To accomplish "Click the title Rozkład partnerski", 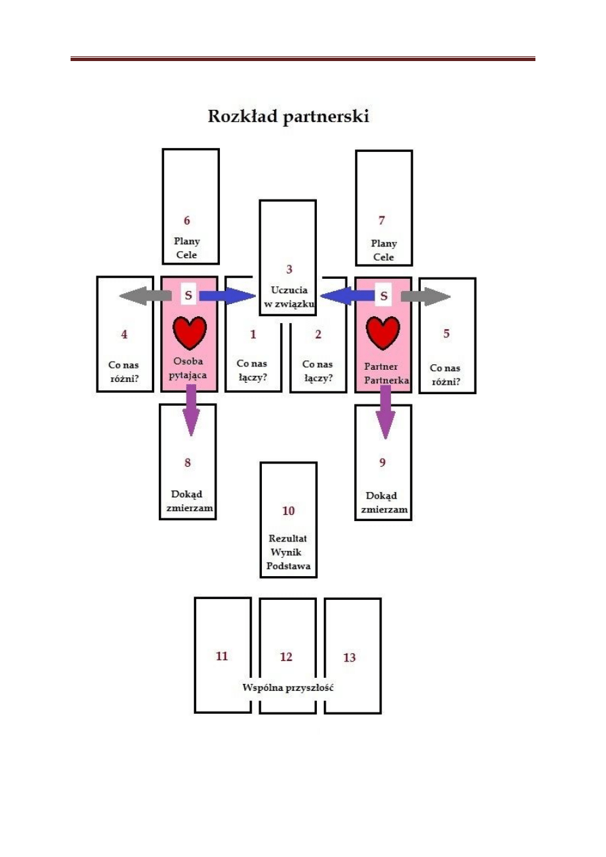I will [288, 117].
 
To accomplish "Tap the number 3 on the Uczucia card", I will [288, 269].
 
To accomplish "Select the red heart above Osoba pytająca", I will [189, 332].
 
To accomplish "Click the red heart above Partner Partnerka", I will [383, 332].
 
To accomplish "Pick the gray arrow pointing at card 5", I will [425, 296].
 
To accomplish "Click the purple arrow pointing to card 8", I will [191, 411].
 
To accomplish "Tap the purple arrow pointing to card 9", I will [384, 412].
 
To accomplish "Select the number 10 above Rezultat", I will [288, 511].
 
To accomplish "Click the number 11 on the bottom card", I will [222, 656].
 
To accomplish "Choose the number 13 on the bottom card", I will [349, 658].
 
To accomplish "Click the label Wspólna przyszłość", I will [288, 687].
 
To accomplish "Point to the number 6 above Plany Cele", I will [187, 221].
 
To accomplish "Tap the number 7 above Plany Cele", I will [382, 221].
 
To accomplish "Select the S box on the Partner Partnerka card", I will [383, 296].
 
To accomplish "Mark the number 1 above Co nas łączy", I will [253, 334].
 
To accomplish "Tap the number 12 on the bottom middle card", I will [286, 658].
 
